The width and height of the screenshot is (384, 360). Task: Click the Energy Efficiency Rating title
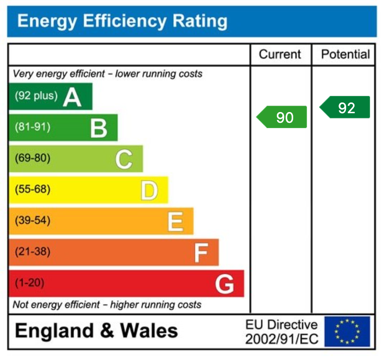click(x=122, y=21)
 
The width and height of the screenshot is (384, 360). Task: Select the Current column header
click(x=280, y=54)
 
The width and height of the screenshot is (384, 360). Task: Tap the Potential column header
click(x=345, y=54)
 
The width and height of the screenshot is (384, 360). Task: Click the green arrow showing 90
click(x=282, y=117)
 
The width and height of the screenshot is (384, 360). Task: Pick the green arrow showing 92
click(x=346, y=108)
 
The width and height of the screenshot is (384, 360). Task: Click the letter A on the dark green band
click(x=72, y=97)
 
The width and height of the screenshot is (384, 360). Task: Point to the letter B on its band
click(x=98, y=128)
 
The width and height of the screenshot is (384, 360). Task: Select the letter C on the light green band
click(x=123, y=159)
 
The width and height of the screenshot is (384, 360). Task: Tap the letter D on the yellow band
click(x=149, y=191)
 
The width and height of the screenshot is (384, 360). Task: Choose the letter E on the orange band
click(x=175, y=222)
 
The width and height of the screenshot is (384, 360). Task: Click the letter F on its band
click(x=201, y=253)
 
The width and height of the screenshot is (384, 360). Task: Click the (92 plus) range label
click(x=36, y=96)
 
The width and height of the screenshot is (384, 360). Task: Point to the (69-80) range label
click(x=33, y=158)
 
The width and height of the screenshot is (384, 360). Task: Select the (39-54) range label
click(x=33, y=220)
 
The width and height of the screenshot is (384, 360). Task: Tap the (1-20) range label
click(x=29, y=283)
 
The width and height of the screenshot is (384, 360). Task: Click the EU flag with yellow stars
click(x=347, y=332)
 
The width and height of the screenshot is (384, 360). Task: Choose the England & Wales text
click(x=96, y=331)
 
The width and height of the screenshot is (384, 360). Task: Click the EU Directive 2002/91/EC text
click(x=282, y=332)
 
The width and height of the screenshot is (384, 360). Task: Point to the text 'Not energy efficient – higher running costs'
click(x=107, y=305)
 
